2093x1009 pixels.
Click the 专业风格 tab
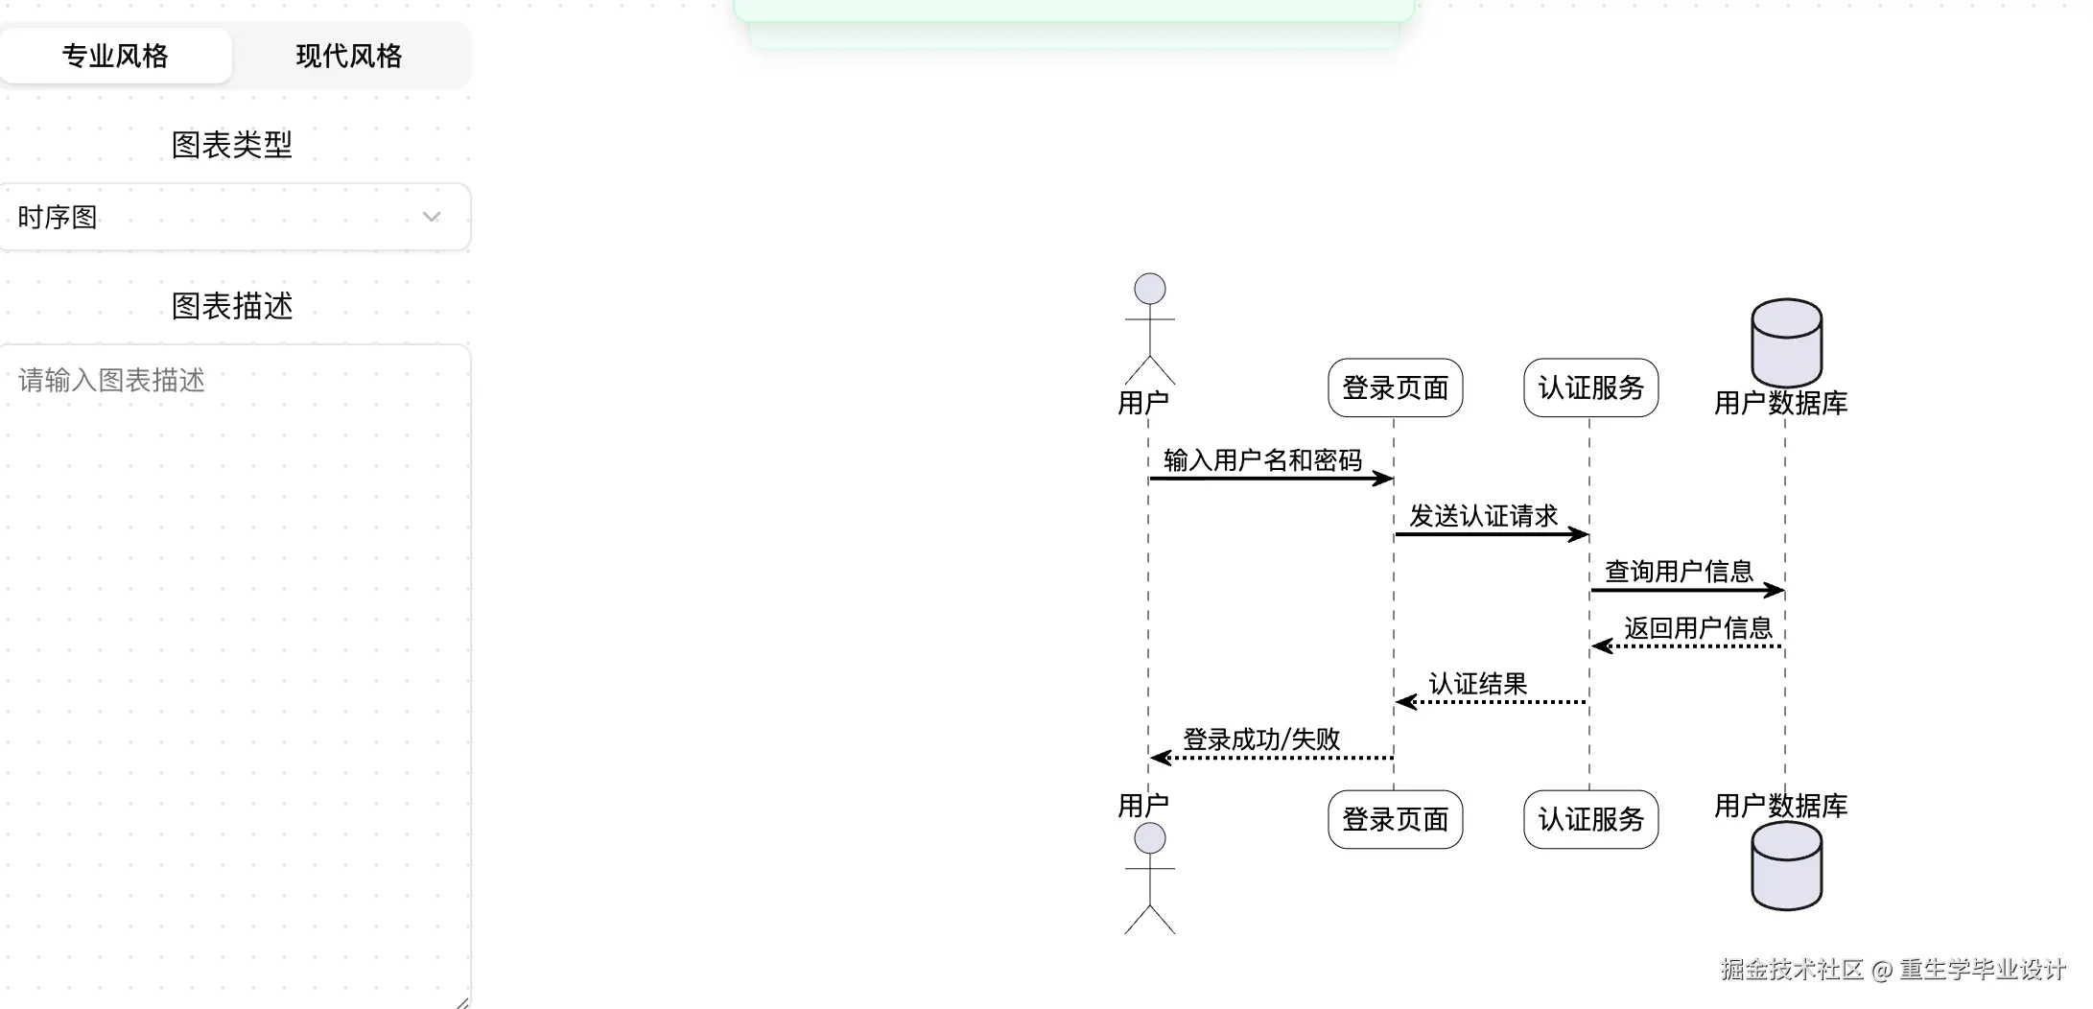115,56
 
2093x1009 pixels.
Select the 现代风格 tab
349,56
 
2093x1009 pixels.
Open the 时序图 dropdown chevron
432,217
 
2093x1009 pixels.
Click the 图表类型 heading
231,145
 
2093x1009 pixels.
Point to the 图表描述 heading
231,306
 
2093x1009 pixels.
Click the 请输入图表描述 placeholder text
111,381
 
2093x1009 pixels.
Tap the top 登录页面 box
1395,387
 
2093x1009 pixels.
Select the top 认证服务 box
1590,387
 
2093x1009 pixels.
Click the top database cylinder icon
1786,342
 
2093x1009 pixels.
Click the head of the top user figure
1149,289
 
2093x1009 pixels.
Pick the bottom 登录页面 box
1395,819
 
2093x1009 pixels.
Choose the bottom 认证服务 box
1590,819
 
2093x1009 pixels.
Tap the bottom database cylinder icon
1786,866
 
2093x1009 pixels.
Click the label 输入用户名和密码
1262,460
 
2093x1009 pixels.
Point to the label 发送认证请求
1483,516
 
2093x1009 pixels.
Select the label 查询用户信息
1679,572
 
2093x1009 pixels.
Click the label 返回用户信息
1698,628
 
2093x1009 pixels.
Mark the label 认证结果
1477,684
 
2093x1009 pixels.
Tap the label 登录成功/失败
1261,739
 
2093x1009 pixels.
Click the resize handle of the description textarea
463,1002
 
